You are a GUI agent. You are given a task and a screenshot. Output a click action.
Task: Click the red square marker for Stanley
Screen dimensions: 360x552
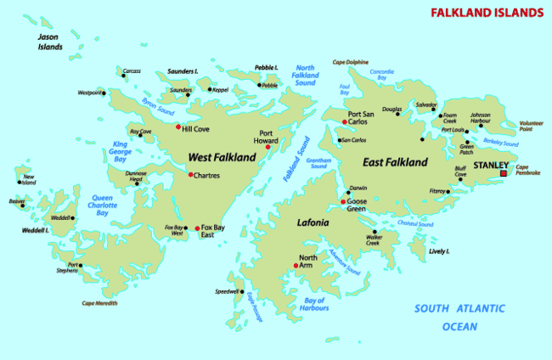(x=504, y=173)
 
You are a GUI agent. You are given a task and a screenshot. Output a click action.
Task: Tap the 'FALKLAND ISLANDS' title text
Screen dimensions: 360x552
(x=486, y=13)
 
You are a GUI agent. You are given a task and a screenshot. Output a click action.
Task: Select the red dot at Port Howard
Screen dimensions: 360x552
(x=268, y=148)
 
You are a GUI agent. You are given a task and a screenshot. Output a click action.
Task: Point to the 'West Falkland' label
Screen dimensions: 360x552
(x=221, y=157)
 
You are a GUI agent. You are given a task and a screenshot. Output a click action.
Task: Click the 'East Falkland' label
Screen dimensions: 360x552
(x=397, y=160)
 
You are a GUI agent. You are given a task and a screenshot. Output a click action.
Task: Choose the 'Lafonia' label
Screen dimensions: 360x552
(x=313, y=222)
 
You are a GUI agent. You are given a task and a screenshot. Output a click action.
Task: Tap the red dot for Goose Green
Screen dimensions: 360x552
(x=343, y=202)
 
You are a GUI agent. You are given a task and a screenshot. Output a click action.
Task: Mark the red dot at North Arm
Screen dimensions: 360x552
(x=296, y=267)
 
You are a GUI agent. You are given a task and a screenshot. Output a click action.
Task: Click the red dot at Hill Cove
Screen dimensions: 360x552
(x=177, y=128)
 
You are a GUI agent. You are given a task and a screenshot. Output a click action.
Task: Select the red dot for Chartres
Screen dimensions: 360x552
(x=190, y=175)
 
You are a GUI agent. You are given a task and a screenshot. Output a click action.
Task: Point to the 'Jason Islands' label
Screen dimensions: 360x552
(x=50, y=42)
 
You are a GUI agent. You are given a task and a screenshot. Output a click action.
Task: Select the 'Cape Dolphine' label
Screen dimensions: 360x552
(x=350, y=62)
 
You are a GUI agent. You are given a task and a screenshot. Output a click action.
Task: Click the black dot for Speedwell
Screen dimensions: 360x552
(x=243, y=291)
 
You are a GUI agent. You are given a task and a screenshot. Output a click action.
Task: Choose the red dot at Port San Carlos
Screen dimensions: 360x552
(x=344, y=121)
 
